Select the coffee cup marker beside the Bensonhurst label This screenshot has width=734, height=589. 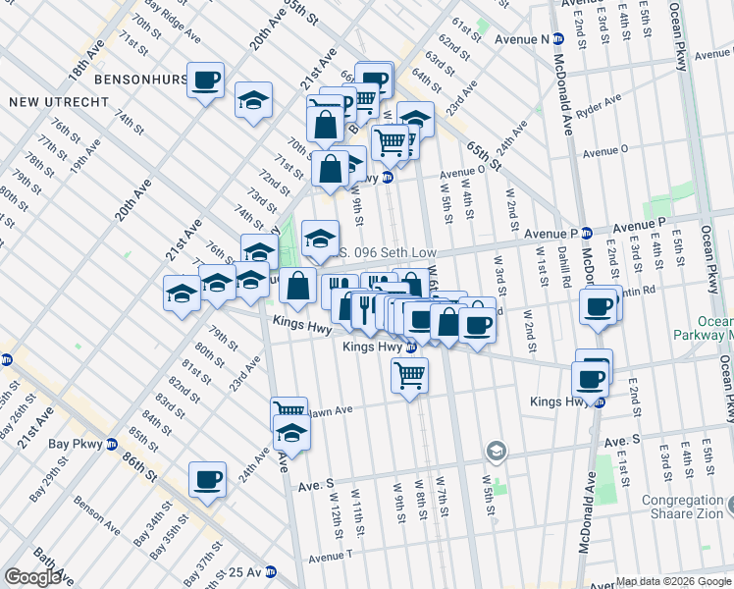(206, 81)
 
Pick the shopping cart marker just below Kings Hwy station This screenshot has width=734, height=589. (409, 375)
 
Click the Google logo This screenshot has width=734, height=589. (32, 577)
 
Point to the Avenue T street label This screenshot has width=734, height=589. (330, 558)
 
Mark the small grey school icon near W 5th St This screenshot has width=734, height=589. (496, 451)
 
